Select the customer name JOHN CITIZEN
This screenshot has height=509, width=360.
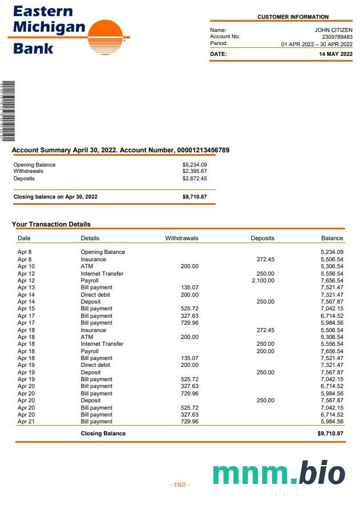[333, 30]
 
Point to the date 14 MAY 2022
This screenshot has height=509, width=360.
[336, 54]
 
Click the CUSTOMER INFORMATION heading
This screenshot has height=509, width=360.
[293, 17]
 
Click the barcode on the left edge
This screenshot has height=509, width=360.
[7, 111]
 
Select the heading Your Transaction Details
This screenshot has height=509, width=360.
[51, 224]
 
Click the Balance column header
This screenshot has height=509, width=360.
[332, 238]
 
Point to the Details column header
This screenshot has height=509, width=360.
[90, 238]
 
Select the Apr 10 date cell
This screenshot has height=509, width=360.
[26, 266]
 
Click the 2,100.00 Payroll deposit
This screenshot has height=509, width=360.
[263, 281]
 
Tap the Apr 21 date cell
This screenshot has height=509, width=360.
[26, 422]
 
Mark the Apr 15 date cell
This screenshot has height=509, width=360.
[26, 309]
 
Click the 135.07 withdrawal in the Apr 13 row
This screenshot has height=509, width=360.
[189, 288]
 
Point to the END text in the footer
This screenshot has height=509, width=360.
[180, 484]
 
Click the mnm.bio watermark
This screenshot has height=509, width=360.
[279, 473]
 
